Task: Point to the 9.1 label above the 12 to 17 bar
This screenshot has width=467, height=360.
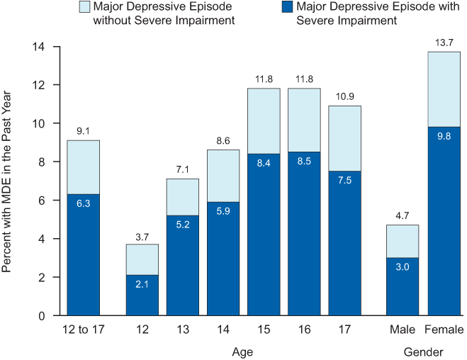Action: click(84, 131)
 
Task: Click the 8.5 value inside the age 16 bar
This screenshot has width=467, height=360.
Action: click(304, 161)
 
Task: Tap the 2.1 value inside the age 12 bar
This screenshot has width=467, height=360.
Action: click(142, 284)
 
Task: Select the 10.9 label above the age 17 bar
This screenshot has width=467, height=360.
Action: click(344, 96)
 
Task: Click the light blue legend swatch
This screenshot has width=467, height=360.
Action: click(83, 8)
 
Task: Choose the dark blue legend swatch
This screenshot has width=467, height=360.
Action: click(286, 8)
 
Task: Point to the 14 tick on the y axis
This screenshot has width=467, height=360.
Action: click(39, 47)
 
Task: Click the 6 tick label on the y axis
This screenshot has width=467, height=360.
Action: click(42, 201)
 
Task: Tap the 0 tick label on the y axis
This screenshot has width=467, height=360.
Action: click(42, 316)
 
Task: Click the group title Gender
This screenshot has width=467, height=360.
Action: click(424, 351)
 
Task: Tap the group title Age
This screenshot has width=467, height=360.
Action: click(242, 351)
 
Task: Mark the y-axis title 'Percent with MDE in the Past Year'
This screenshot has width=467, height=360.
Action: click(9, 181)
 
